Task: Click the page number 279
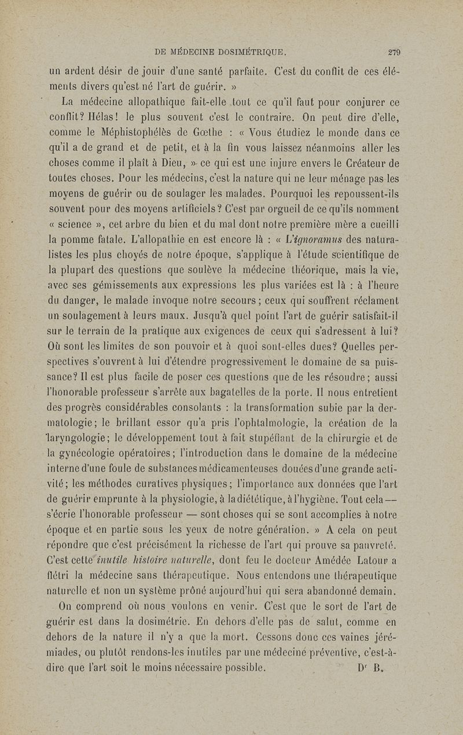(396, 50)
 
